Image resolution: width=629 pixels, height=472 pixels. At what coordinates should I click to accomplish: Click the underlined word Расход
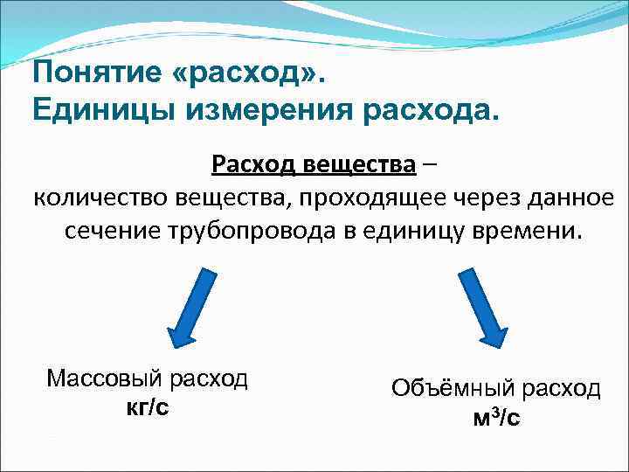249,163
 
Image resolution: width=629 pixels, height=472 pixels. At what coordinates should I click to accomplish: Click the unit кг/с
148,407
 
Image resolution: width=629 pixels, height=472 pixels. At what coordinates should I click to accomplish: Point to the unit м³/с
495,418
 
